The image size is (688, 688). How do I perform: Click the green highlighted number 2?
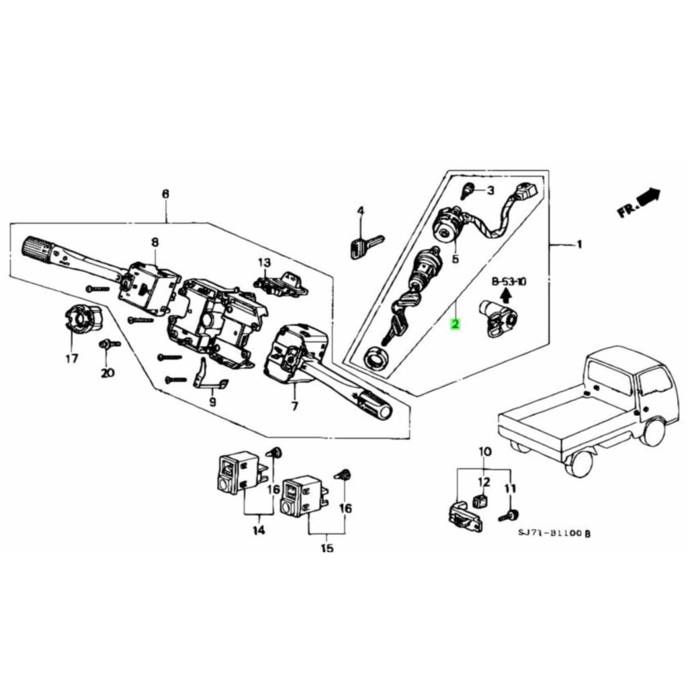456,325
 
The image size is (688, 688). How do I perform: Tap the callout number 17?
72,357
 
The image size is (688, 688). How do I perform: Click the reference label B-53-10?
509,281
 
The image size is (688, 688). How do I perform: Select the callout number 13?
264,262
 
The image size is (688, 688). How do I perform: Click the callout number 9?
212,402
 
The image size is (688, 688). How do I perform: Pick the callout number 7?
294,406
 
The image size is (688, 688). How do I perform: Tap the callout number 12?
484,482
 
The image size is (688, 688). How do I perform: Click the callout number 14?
259,531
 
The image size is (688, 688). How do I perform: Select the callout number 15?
327,548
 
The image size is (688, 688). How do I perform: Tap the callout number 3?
490,191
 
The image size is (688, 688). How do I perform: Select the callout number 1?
579,245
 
